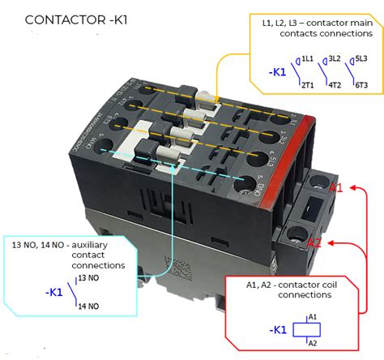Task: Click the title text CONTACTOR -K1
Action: (x=76, y=18)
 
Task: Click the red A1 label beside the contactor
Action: (x=336, y=188)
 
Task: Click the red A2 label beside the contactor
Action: (x=316, y=242)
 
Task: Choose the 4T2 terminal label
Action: (x=335, y=84)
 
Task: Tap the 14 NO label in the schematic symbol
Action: (x=88, y=306)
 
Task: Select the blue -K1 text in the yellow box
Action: (x=277, y=71)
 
